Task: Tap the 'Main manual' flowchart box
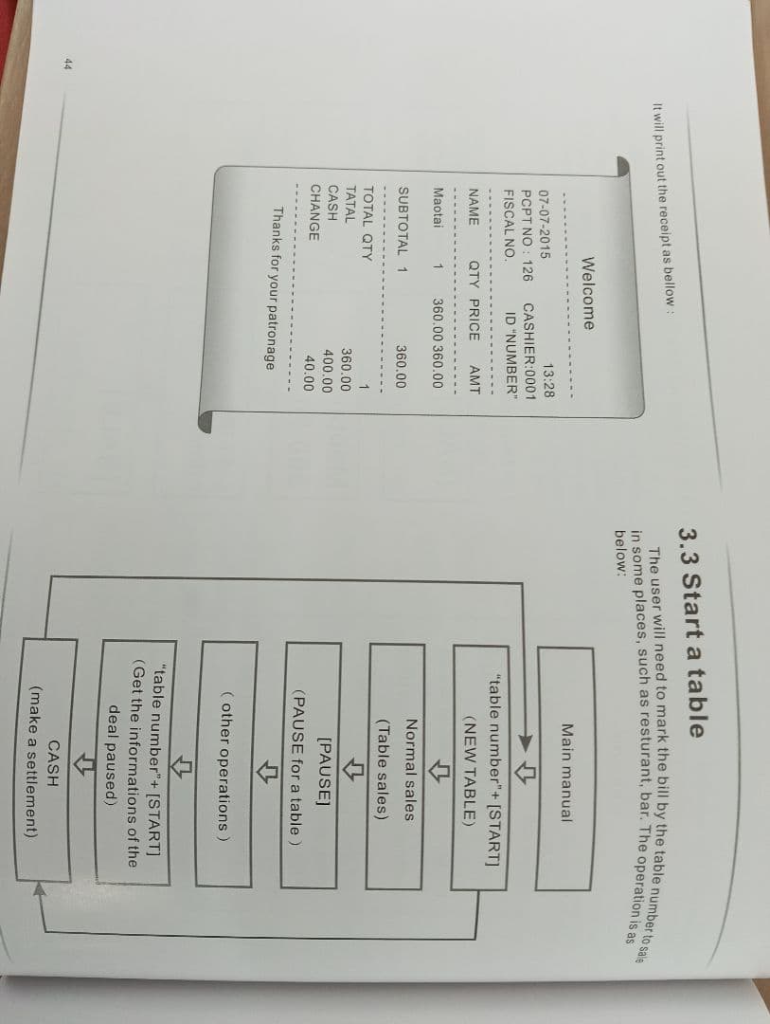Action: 565,769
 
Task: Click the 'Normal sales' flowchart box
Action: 396,766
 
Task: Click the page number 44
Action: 68,64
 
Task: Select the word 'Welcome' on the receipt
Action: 586,293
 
